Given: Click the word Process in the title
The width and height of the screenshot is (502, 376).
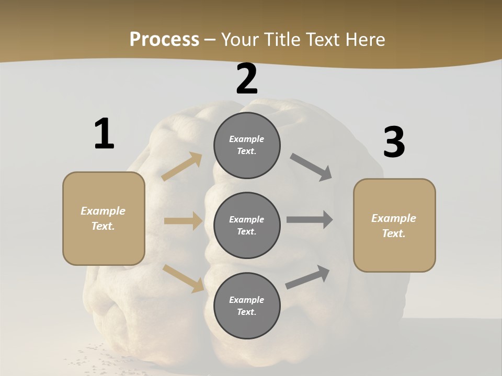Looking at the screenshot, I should tap(164, 40).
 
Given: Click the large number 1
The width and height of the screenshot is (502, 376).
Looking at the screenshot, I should tap(104, 134).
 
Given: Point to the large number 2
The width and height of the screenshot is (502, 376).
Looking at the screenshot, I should tap(247, 79).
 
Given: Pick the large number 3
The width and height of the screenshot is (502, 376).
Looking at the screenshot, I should tap(394, 143).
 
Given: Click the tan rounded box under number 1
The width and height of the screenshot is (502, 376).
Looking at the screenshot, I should tap(104, 218).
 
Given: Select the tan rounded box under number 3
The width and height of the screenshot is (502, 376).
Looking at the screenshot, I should tap(394, 226).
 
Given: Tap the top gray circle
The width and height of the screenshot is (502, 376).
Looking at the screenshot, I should tap(247, 145).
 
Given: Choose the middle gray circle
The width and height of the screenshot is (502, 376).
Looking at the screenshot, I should tap(247, 226).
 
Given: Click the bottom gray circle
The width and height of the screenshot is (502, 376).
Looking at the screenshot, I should tap(247, 305).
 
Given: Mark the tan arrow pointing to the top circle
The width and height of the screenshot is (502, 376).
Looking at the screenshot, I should tap(181, 167).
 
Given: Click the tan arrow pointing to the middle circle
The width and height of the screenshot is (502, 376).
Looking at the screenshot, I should tap(183, 221).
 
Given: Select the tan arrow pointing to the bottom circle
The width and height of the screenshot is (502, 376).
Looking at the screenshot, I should tap(183, 278).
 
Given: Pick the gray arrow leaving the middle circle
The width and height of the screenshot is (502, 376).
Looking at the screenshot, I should tap(310, 220).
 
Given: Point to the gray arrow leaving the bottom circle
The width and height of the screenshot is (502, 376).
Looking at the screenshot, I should tap(307, 277).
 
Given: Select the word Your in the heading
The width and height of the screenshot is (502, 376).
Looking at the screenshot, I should tap(238, 40).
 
